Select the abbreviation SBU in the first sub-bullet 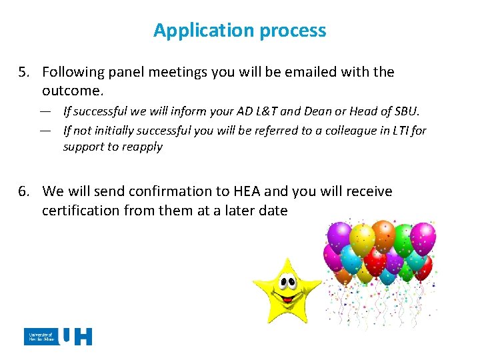coord(405,111)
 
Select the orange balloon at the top coord(384,235)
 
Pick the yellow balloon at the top coord(363,238)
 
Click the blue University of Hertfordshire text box coord(41,337)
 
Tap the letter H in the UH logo coord(83,337)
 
